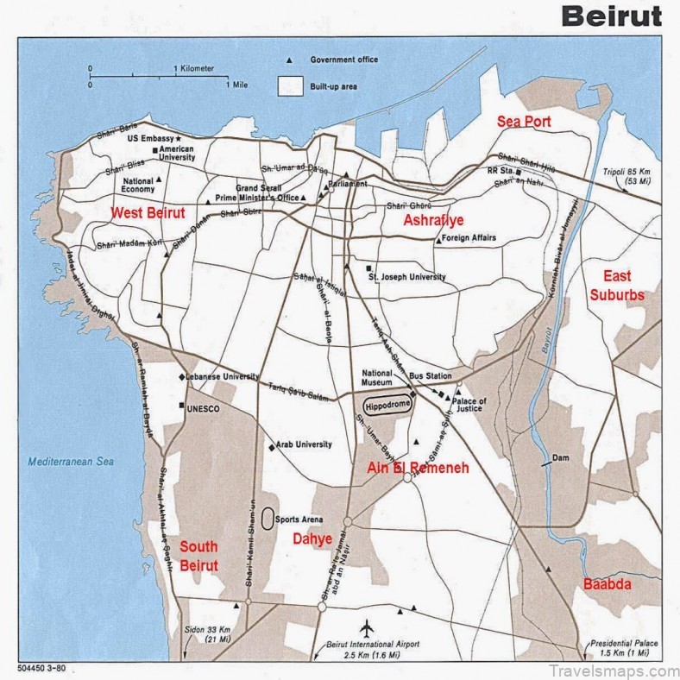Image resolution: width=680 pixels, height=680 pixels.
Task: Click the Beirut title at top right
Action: click(611, 15)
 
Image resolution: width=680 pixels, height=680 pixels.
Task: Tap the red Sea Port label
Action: click(524, 122)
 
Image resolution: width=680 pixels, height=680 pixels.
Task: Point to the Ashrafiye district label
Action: click(434, 220)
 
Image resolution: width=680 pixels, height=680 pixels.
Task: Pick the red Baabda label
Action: click(607, 584)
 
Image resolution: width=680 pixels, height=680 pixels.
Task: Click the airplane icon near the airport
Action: click(371, 625)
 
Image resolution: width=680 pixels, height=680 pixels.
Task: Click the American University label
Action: click(176, 154)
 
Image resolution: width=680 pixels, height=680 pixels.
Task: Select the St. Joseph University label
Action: click(406, 277)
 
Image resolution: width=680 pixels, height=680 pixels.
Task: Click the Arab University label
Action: click(305, 444)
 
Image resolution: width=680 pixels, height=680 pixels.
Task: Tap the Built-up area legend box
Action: click(289, 86)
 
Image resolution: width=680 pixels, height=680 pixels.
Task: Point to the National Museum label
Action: click(378, 377)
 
